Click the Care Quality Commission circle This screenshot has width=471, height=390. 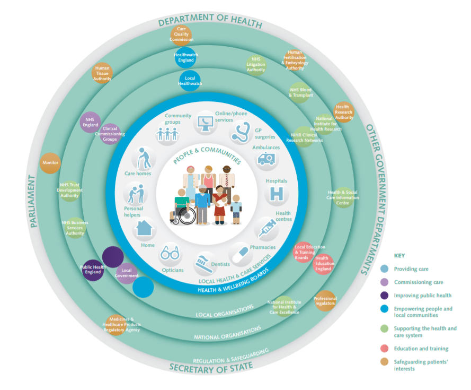click(x=181, y=34)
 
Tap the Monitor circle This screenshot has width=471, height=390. click(x=51, y=162)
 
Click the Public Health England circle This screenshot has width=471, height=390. click(x=93, y=270)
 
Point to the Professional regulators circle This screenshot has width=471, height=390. click(x=325, y=301)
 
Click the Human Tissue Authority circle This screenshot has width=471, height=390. click(x=102, y=73)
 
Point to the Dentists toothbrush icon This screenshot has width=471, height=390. click(x=203, y=261)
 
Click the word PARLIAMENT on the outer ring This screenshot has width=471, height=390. click(x=32, y=202)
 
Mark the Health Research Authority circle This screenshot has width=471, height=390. click(x=343, y=111)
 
